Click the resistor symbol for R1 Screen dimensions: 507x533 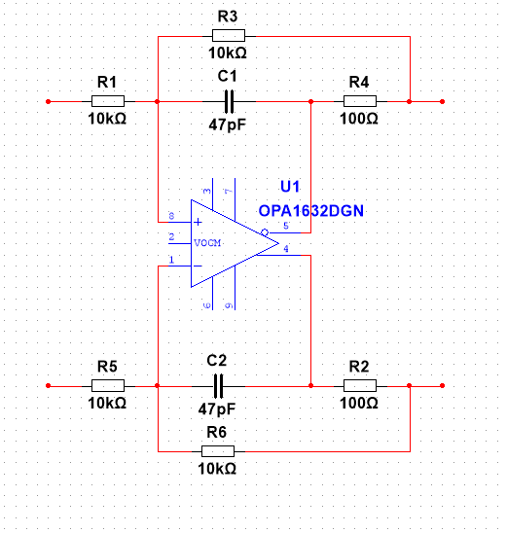pos(108,101)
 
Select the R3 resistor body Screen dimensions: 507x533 pos(229,35)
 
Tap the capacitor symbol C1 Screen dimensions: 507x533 pos(230,101)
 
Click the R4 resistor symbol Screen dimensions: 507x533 pos(360,101)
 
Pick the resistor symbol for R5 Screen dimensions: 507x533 pos(108,386)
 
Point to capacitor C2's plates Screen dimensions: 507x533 pos(218,386)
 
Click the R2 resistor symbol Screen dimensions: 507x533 pos(360,386)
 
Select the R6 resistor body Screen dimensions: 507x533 pos(218,451)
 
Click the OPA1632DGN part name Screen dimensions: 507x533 pos(310,211)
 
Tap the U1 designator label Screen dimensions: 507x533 pos(290,187)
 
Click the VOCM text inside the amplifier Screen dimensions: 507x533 pos(207,243)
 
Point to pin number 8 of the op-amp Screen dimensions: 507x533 pos(171,216)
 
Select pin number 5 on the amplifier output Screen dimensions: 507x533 pos(286,226)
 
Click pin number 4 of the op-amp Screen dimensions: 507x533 pos(286,248)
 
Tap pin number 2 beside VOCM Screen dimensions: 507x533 pos(171,237)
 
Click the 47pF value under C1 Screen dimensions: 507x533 pos(227,124)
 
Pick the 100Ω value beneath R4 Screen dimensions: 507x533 pos(359,119)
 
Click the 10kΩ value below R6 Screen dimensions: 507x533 pos(217,469)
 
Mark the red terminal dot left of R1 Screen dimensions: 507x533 pos(49,101)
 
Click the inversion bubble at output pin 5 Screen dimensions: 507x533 pos(265,232)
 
